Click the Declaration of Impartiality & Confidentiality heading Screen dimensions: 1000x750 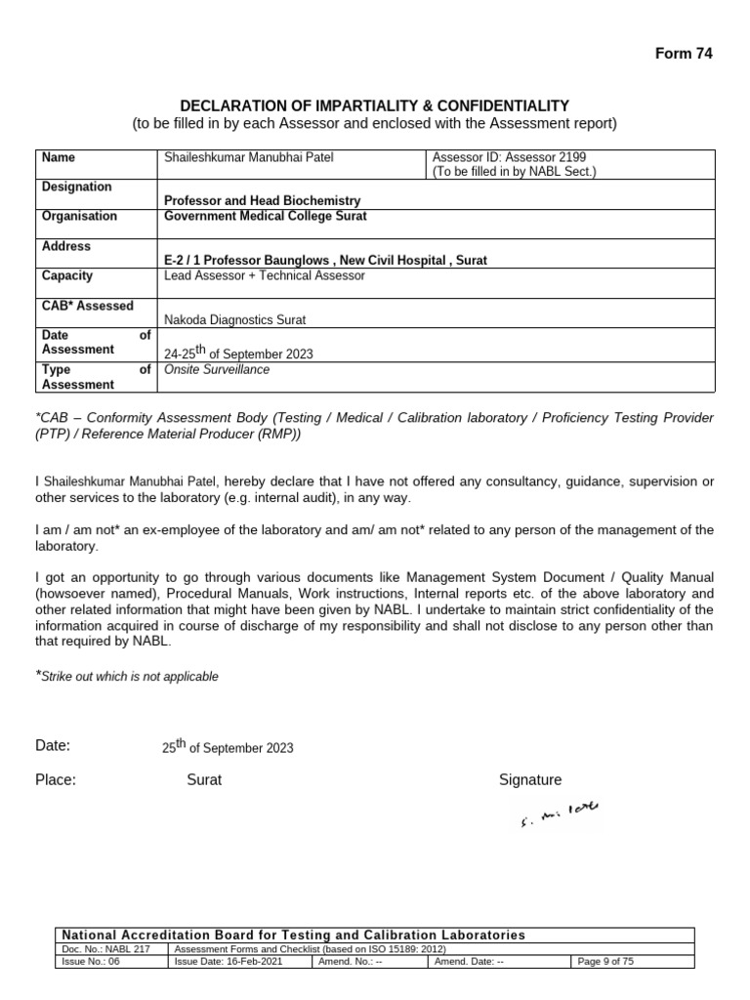pos(375,105)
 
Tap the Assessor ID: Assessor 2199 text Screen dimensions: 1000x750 pos(509,156)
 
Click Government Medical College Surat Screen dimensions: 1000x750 pos(266,216)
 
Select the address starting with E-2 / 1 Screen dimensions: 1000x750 pos(325,261)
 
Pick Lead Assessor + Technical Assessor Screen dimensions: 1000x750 pos(265,275)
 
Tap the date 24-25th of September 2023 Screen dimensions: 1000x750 pos(238,354)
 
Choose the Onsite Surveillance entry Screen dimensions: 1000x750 pos(217,370)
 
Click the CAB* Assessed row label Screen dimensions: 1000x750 pos(88,306)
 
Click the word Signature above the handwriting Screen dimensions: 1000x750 pos(530,779)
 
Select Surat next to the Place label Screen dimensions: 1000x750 pos(204,779)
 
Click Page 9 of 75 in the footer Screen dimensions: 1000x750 pos(605,961)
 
